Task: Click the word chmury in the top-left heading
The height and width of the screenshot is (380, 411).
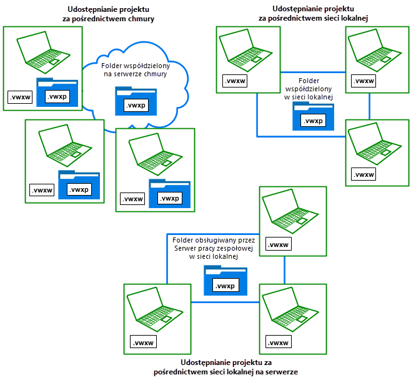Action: [139, 19]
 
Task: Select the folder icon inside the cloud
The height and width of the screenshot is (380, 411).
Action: [136, 100]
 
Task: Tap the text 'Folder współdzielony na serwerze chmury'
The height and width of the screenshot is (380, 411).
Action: [136, 69]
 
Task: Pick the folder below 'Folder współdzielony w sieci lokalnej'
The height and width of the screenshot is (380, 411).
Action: [313, 116]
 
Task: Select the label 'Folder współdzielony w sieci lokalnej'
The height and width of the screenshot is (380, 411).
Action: [312, 89]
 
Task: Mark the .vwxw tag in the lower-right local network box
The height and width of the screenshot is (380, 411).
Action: [364, 174]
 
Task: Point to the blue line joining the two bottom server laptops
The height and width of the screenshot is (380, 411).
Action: [225, 302]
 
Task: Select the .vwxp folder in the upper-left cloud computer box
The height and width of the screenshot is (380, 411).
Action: [57, 92]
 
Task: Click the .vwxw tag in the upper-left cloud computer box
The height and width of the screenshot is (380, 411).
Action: [20, 97]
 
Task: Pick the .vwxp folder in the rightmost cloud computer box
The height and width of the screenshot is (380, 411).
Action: [169, 193]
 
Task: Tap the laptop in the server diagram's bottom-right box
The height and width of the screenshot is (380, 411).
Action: [288, 309]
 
